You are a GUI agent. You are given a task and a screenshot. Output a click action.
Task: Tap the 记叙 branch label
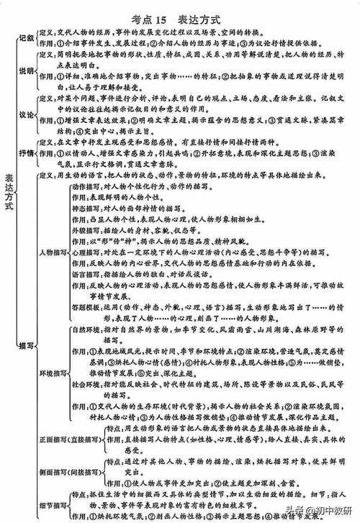pyautogui.click(x=26, y=38)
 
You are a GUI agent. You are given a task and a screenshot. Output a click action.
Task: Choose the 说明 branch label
pyautogui.click(x=26, y=71)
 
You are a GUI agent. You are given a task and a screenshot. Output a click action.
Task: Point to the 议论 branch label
pyautogui.click(x=26, y=114)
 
